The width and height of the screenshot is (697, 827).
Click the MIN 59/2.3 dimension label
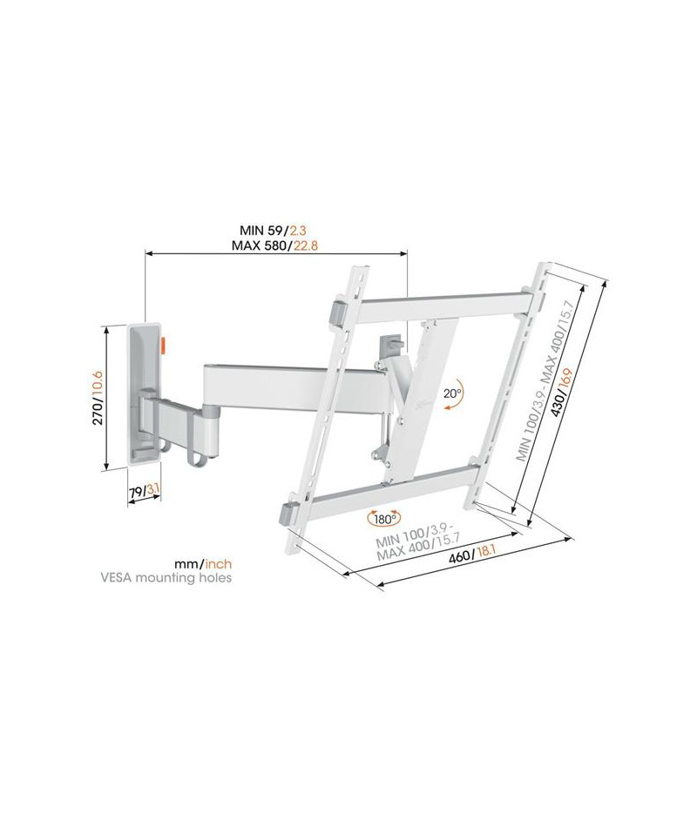[273, 231]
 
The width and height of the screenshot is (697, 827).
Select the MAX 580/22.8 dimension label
[274, 245]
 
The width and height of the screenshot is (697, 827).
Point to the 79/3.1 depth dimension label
[144, 491]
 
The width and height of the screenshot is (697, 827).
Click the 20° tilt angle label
[452, 393]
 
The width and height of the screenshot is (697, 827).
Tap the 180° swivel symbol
[384, 519]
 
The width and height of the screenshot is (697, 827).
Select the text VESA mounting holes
[166, 578]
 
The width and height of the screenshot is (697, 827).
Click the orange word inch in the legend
[219, 564]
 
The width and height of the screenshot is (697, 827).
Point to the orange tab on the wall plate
[163, 345]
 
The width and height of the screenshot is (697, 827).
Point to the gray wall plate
[144, 392]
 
